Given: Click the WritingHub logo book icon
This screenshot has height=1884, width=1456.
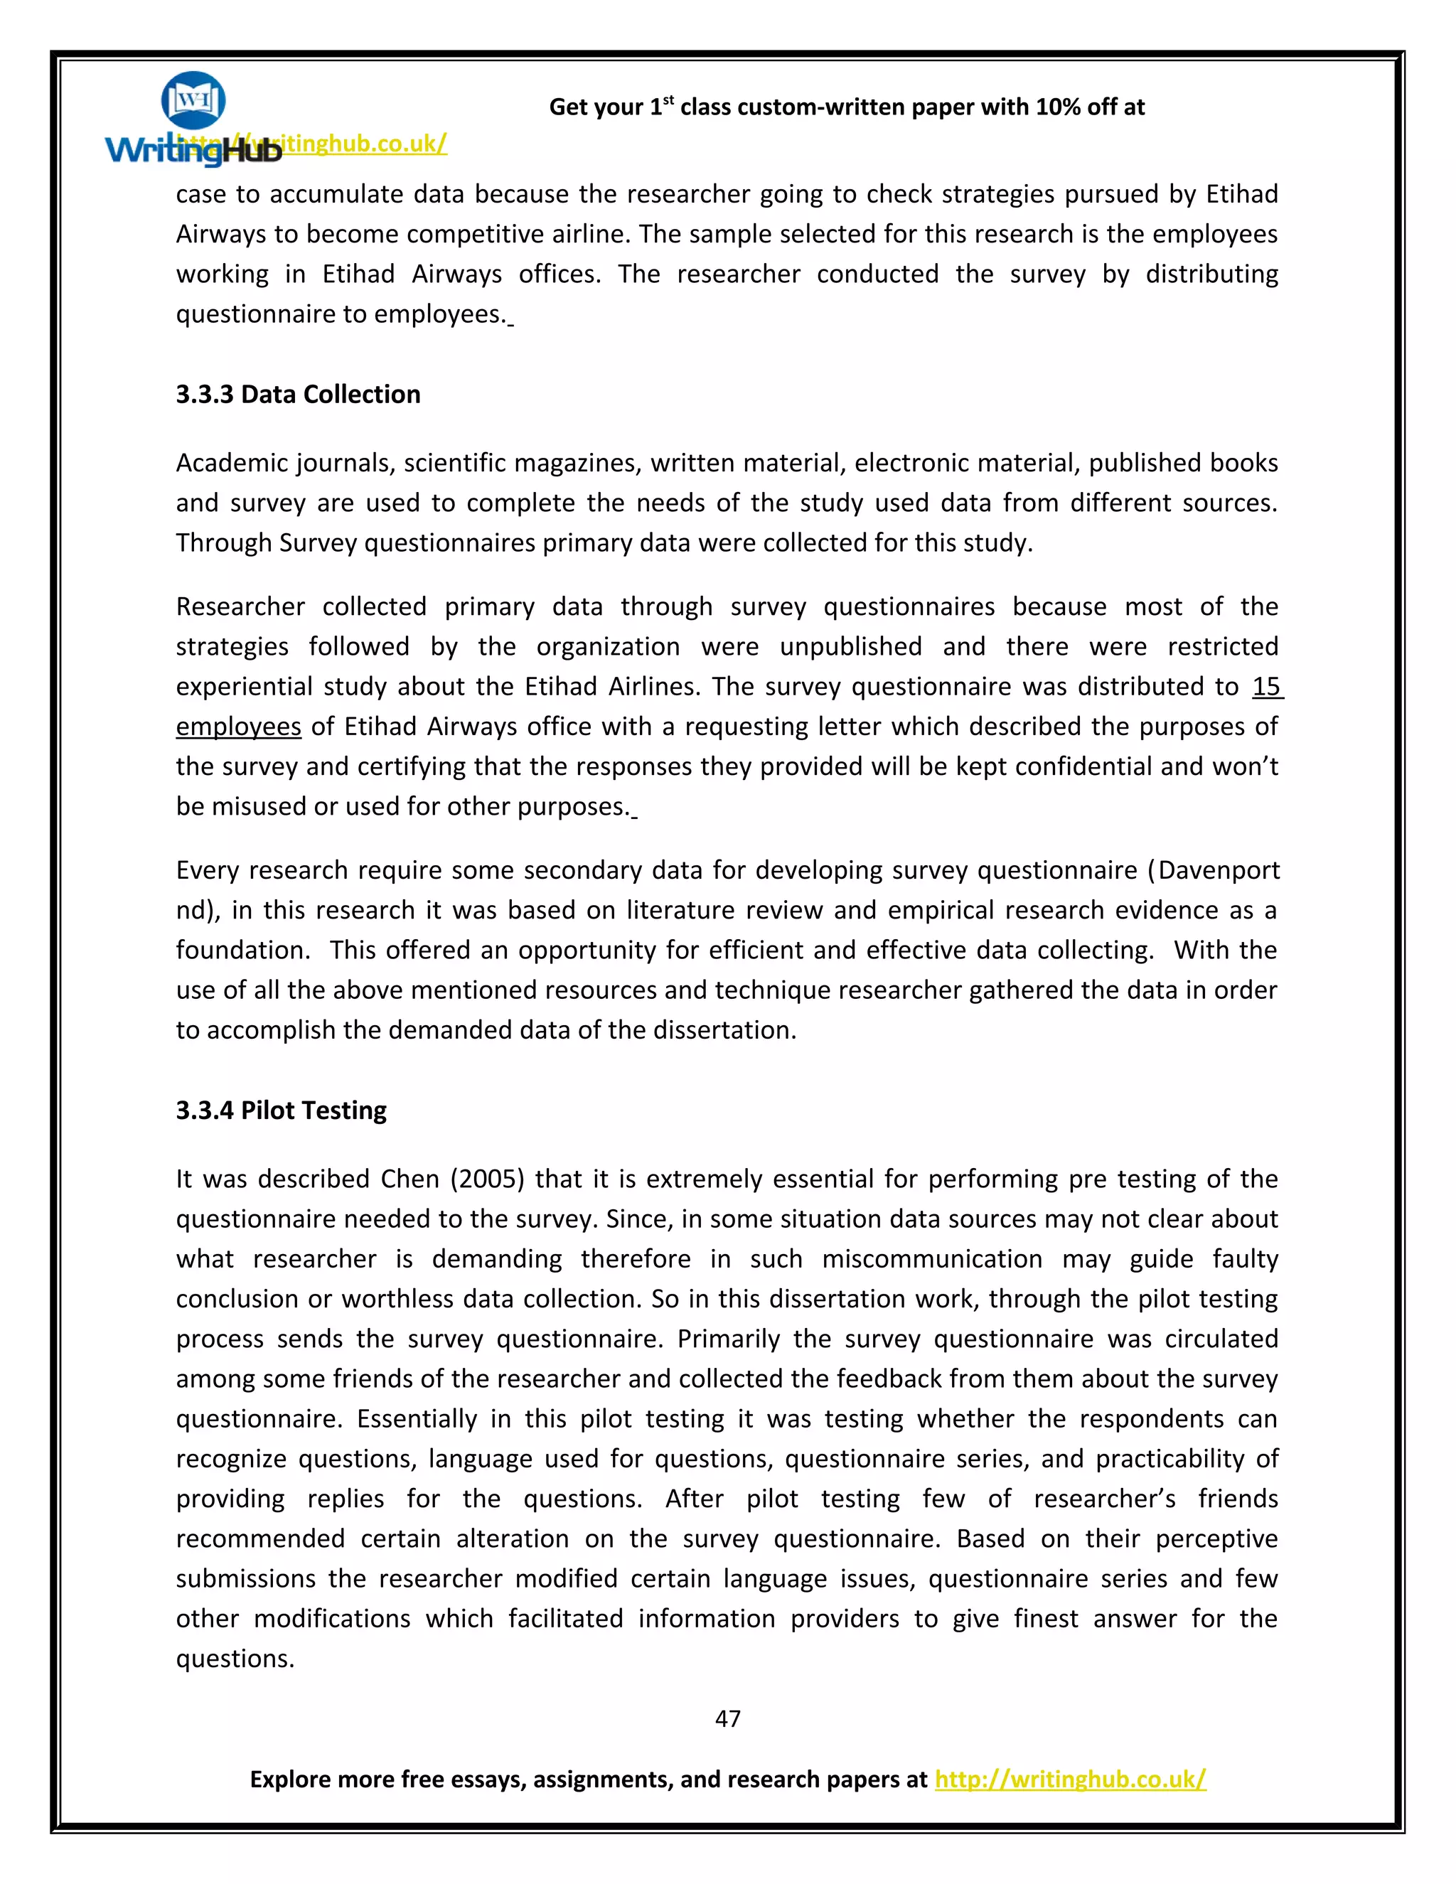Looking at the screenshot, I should [x=193, y=100].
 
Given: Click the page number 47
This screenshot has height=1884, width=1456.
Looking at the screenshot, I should [x=727, y=1718].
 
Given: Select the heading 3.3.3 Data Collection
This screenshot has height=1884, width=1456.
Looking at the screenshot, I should [x=298, y=395].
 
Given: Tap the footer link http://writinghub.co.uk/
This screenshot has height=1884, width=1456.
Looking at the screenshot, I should [x=1069, y=1779].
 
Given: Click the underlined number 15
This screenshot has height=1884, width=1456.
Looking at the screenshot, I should [x=1266, y=687].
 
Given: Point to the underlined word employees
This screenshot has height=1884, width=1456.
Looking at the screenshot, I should [x=238, y=727].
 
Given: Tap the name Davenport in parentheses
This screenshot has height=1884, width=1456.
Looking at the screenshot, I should [x=1218, y=870].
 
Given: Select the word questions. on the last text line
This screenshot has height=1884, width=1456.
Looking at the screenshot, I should [x=235, y=1658].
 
